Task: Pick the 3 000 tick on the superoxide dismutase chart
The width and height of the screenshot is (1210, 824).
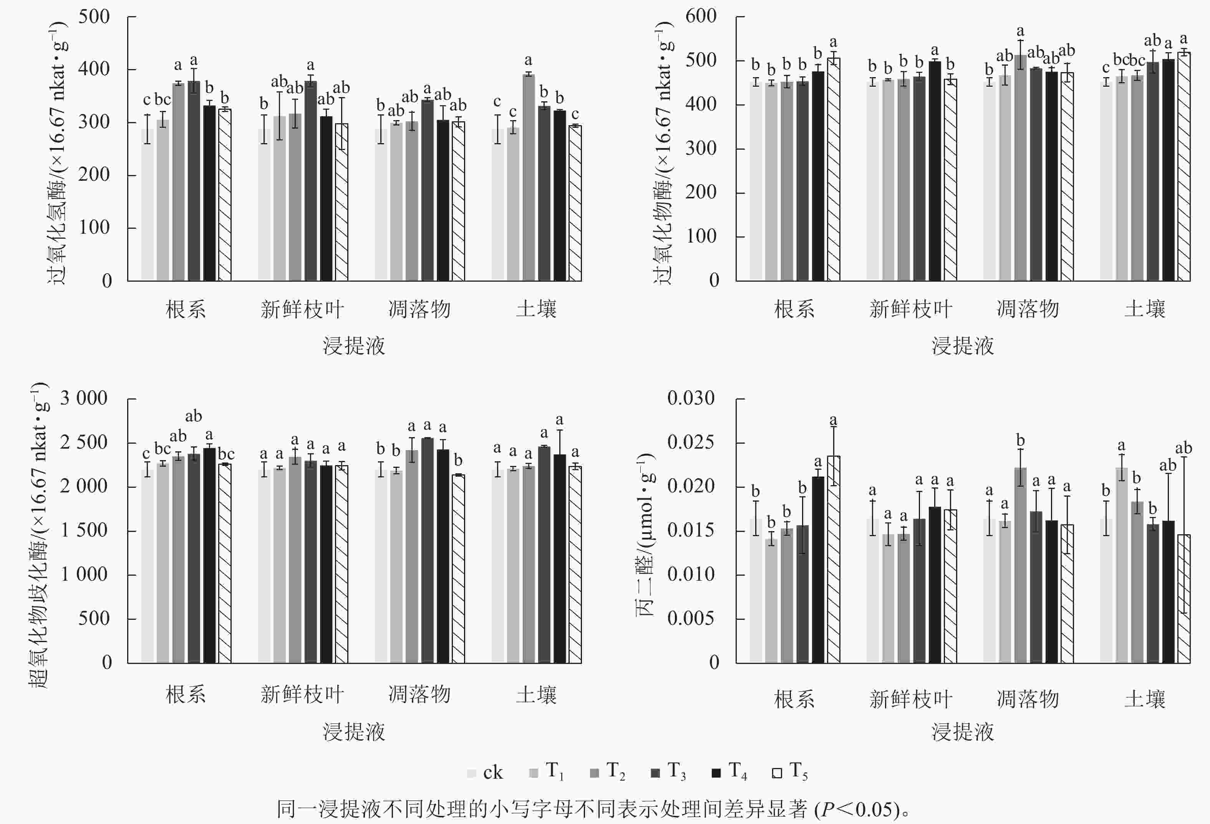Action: [x=84, y=398]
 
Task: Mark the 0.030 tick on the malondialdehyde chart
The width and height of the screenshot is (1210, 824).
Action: [x=691, y=398]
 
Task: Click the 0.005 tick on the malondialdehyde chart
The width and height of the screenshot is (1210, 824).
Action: [x=691, y=619]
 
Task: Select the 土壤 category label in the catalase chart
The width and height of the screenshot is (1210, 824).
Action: [x=536, y=309]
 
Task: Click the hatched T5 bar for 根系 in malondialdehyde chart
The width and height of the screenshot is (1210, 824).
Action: [x=834, y=559]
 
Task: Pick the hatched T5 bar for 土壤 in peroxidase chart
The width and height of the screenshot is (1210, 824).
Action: [x=1184, y=167]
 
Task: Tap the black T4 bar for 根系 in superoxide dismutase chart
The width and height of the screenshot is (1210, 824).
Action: [x=209, y=555]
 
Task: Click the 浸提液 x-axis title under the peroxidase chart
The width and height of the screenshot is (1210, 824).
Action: [x=963, y=346]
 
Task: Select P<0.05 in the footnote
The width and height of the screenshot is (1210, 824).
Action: [x=859, y=809]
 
